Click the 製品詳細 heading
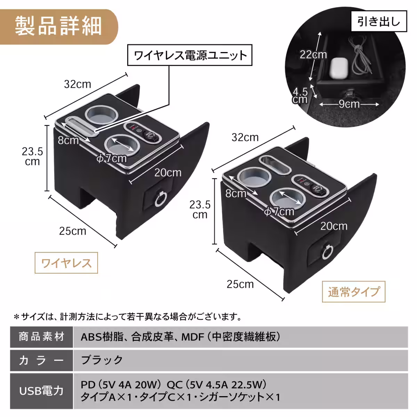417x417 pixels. (58, 26)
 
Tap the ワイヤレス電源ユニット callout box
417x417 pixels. (190, 55)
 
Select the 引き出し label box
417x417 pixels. (378, 22)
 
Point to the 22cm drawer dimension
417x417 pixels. (313, 55)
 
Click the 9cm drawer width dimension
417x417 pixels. (349, 104)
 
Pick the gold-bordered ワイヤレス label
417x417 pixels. (66, 263)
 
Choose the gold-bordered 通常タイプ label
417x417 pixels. (354, 292)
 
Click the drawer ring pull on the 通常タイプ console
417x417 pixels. (327, 253)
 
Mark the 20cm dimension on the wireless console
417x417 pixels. (168, 173)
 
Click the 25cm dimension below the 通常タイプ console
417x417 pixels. (240, 284)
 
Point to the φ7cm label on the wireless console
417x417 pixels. (112, 158)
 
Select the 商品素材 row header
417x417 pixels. (41, 337)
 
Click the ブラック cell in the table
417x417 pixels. (102, 360)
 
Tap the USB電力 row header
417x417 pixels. (41, 391)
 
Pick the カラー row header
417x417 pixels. (41, 360)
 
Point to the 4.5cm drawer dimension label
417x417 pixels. (300, 96)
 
